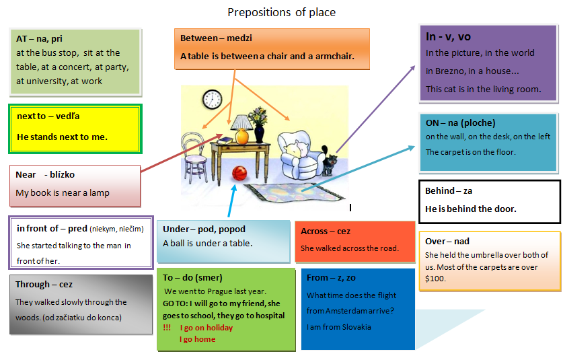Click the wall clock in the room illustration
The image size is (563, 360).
coord(212,100)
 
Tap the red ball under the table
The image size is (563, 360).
coord(239,174)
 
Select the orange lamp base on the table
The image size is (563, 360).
coord(242,137)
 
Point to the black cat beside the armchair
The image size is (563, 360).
coord(330,161)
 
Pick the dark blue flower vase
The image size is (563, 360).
coord(259,134)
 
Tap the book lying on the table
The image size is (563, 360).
coord(225,141)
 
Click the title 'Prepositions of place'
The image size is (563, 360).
coord(281,13)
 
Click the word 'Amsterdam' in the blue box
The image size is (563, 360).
coord(348,311)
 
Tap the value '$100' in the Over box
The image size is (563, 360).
coord(435,279)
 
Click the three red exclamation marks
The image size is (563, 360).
coord(167,328)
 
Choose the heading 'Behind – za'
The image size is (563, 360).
coord(449,191)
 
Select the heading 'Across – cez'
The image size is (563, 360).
coord(326,231)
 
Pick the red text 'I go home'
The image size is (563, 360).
coord(198,339)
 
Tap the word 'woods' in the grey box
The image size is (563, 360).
coord(28,318)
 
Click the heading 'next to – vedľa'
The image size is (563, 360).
coord(48,116)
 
